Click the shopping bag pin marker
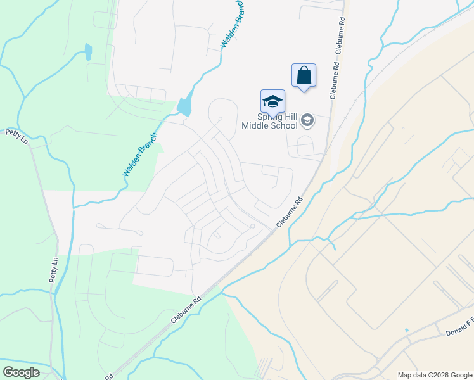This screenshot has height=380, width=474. tap(304, 76)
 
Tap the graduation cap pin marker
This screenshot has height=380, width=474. tap(272, 102)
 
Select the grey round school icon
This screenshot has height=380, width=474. tap(307, 119)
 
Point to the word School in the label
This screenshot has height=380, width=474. tap(285, 125)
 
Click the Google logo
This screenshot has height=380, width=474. tap(21, 372)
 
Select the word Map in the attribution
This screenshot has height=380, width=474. tap(404, 375)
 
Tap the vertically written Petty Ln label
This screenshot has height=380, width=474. tap(54, 269)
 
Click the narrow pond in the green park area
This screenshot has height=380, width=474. tap(88, 52)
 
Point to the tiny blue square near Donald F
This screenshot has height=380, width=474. tap(406, 330)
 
